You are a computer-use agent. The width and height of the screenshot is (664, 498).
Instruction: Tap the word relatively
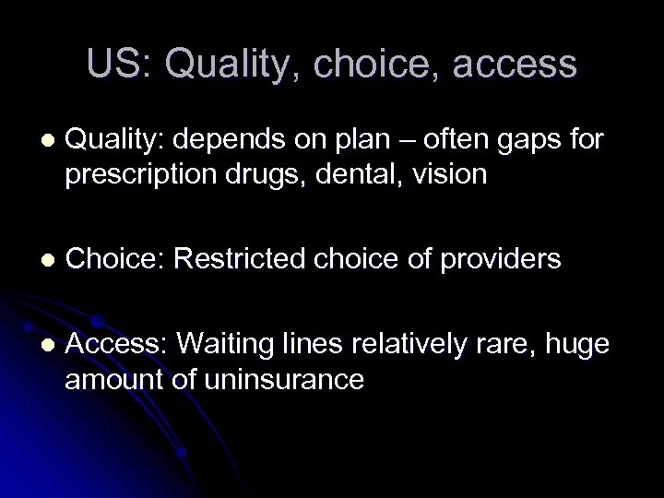(407, 344)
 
